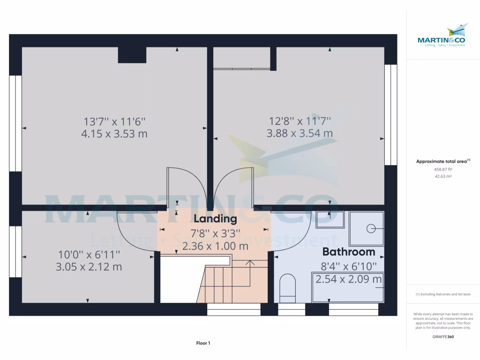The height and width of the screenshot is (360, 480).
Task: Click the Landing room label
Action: tap(215, 219)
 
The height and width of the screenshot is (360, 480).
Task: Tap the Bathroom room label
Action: tap(348, 252)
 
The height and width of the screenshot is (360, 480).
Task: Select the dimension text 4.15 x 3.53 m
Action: tap(114, 134)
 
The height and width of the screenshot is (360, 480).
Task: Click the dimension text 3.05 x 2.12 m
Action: tap(90, 267)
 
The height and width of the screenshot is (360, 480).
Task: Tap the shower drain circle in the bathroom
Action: tap(371, 228)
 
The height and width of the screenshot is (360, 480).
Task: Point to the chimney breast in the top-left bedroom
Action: tap(132, 55)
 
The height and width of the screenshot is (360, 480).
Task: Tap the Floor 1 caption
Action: tap(203, 344)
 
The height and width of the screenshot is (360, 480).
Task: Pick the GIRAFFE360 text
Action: tap(443, 337)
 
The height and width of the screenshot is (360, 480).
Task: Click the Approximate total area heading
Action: tap(443, 161)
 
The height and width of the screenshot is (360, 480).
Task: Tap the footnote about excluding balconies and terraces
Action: tap(443, 294)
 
